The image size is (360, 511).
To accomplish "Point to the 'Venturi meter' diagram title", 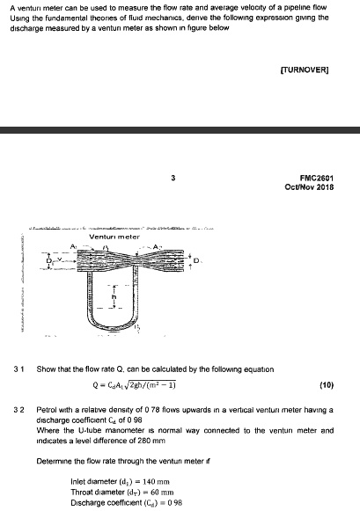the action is click(117, 236).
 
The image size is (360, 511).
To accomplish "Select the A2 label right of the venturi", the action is click(159, 246).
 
